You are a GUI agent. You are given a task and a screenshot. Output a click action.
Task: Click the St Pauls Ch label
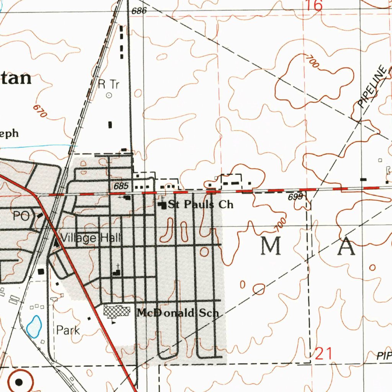pos(200,204)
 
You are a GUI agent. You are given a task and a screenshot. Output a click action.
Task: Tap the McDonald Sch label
pos(178,313)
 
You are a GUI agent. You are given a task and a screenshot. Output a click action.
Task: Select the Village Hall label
pos(90,238)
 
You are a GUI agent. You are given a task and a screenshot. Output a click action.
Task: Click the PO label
pos(21,216)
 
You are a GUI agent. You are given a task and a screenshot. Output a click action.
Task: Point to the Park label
pos(68,330)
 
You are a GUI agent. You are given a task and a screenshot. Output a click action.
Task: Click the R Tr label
pos(109,84)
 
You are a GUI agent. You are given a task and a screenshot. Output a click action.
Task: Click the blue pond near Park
pos(34,326)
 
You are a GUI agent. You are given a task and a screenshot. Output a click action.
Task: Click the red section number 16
pos(314,5)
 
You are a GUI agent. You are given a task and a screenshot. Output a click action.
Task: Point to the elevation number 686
pos(139,11)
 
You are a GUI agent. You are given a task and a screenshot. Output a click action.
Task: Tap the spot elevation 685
pos(121,186)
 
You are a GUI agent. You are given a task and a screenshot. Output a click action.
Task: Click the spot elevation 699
pos(295,197)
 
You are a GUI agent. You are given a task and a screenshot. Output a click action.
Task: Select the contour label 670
pos(40,111)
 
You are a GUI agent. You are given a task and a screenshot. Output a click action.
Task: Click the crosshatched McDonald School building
pos(117,310)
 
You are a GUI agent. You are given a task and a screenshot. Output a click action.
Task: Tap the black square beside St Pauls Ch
pos(162,205)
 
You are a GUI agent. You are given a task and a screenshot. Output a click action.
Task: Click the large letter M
pos(271,246)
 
